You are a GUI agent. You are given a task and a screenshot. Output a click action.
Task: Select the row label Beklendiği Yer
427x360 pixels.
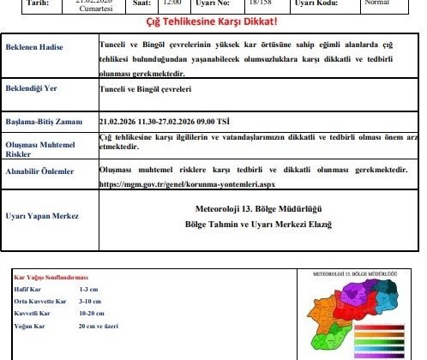[x=33, y=88]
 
